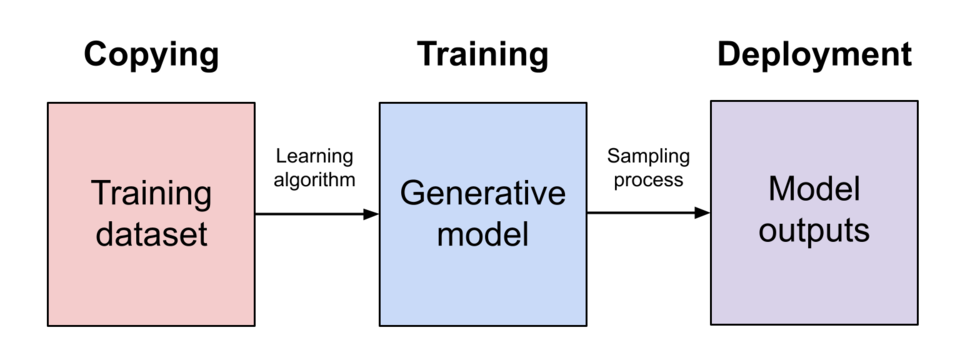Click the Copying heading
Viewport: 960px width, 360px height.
(151, 56)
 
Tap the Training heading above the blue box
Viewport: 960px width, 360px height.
(482, 56)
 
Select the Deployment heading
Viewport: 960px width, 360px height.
(814, 56)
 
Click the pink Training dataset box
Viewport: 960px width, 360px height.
(151, 214)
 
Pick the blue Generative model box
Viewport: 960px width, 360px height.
(483, 214)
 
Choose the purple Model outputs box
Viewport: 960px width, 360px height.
(814, 213)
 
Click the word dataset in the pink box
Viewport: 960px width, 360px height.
(151, 234)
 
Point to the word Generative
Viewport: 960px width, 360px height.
(482, 193)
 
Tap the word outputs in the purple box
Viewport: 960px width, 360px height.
(814, 231)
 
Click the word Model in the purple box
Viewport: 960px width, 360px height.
(814, 189)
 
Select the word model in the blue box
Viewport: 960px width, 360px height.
(482, 234)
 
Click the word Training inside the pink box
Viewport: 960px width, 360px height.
(151, 194)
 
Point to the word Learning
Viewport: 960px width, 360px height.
(314, 157)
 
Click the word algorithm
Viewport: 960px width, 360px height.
(314, 180)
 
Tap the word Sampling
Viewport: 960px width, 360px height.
(648, 157)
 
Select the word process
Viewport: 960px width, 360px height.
(648, 180)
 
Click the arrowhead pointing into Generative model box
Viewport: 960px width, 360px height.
(371, 214)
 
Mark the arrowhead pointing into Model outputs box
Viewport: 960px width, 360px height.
(702, 213)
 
